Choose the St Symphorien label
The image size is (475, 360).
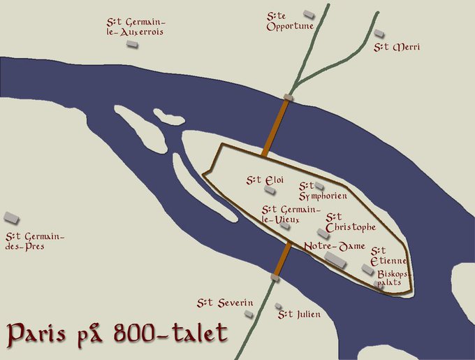[322, 191]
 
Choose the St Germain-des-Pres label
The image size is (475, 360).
[34, 241]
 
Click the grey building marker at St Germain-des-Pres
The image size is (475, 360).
[11, 217]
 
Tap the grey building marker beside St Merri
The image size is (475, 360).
[379, 33]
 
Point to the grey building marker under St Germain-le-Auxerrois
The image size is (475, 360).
[131, 43]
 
